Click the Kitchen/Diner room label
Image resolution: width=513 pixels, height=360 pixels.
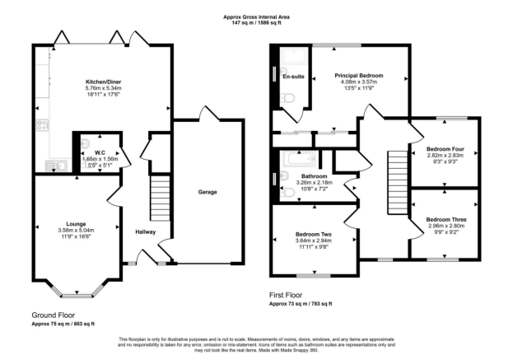pyautogui.click(x=105, y=82)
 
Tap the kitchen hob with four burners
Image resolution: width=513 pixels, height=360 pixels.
pyautogui.click(x=41, y=126)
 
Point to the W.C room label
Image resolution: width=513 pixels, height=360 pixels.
pyautogui.click(x=99, y=152)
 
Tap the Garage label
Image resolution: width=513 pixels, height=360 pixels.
pyautogui.click(x=208, y=191)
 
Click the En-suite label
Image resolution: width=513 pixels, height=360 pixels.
pyautogui.click(x=293, y=77)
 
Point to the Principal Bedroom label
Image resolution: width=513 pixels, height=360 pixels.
pyautogui.click(x=358, y=75)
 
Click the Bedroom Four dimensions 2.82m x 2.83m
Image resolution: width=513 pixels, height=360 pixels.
pyautogui.click(x=445, y=155)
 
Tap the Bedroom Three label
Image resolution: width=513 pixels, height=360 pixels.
pyautogui.click(x=445, y=219)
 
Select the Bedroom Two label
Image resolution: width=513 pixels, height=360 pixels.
pyautogui.click(x=313, y=235)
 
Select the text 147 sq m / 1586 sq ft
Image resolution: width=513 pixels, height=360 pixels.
pyautogui.click(x=256, y=22)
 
